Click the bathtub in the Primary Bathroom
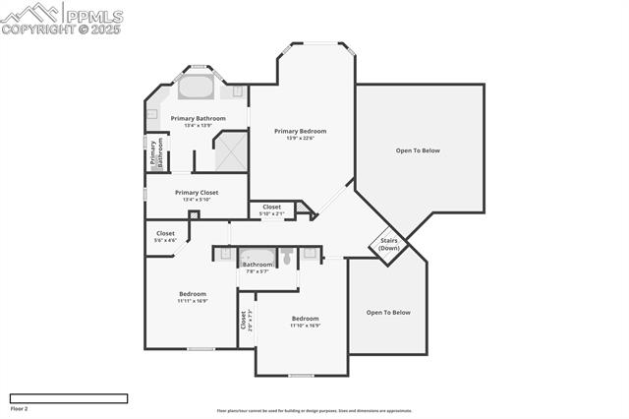tap(196, 88)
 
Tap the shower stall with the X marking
tap(231, 150)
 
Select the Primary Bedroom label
tap(300, 131)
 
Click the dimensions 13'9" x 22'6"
tap(300, 138)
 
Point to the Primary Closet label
tap(197, 193)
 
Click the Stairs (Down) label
tap(389, 244)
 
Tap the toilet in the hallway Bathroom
tap(286, 258)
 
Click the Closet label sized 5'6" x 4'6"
tap(165, 233)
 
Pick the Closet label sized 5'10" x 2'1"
tap(271, 207)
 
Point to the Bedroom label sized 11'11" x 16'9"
tap(193, 294)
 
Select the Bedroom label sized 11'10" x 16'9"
tap(305, 319)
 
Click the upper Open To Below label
tap(418, 150)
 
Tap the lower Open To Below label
tap(388, 312)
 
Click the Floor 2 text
tap(19, 408)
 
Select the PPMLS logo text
tap(93, 16)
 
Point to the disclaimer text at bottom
tap(314, 411)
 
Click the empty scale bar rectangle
tap(68, 398)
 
